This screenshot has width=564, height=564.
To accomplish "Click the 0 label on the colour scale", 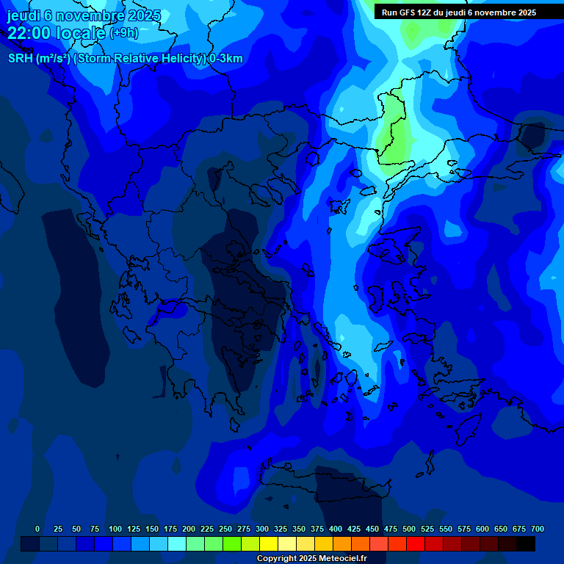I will tap(37, 529).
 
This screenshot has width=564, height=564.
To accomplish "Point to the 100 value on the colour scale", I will tap(115, 529).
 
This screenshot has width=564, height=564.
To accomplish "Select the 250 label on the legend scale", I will tap(225, 529).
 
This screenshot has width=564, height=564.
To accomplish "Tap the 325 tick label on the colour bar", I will tap(281, 529).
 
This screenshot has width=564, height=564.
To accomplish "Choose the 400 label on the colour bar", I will tap(336, 529).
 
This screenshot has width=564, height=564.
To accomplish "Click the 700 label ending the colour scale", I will tap(538, 529).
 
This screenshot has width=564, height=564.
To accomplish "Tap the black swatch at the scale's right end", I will tap(526, 543).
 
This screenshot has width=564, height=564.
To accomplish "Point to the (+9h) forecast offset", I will tap(123, 33).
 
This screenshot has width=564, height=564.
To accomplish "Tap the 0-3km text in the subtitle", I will tap(225, 59).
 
